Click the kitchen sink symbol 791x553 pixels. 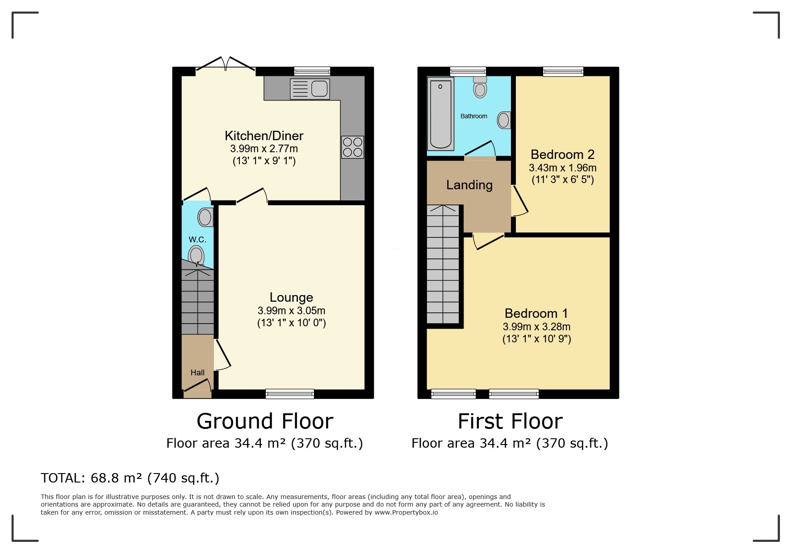[x=310, y=88]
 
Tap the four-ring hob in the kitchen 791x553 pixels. [x=352, y=147]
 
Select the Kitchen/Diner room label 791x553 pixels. [x=264, y=136]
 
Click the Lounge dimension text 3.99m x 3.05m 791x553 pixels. [x=291, y=311]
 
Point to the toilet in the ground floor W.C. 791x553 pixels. [x=196, y=256]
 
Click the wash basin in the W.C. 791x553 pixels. [x=205, y=217]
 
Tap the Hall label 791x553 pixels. [x=197, y=373]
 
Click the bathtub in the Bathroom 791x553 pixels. [x=441, y=113]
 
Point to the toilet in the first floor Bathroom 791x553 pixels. [x=480, y=87]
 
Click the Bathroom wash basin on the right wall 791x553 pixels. [x=504, y=120]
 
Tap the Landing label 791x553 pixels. [x=469, y=185]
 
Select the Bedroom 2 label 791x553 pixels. [x=562, y=154]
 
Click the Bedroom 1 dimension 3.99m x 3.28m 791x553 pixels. [x=536, y=327]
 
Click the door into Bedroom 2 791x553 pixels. [x=519, y=201]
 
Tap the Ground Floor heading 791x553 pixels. [x=265, y=421]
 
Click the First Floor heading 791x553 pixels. [x=510, y=421]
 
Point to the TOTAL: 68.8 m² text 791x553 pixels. [x=130, y=478]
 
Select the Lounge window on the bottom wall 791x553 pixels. [x=290, y=394]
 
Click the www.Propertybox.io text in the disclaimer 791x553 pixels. [x=406, y=512]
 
